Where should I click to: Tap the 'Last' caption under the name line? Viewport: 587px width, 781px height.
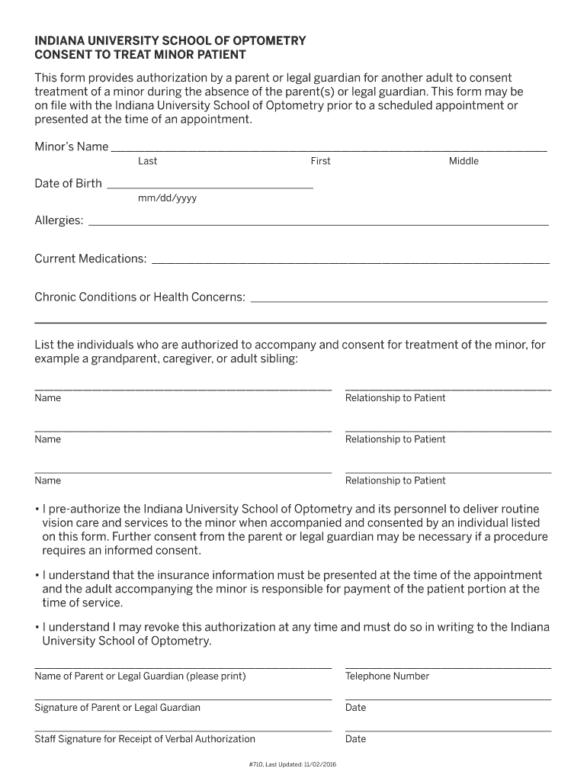click(147, 161)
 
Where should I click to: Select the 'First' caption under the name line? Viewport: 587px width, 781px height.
click(320, 161)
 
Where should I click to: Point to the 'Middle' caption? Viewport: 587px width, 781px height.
click(464, 161)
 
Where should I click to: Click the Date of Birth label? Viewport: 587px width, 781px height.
click(68, 183)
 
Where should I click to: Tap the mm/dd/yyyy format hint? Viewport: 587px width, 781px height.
click(167, 198)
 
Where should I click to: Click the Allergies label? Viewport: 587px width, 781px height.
click(59, 220)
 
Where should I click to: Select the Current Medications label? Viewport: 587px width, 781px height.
click(90, 259)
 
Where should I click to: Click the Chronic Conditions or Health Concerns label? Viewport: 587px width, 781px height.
click(140, 297)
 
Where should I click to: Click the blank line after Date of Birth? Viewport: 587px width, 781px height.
click(210, 185)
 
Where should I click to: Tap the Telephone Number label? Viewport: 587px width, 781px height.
click(387, 677)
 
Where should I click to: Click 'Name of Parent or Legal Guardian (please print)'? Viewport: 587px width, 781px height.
click(140, 677)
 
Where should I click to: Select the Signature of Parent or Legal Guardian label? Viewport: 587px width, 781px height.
click(117, 708)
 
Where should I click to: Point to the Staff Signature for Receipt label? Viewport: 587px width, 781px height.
click(145, 739)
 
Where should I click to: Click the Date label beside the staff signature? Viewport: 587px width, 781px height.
click(355, 739)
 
